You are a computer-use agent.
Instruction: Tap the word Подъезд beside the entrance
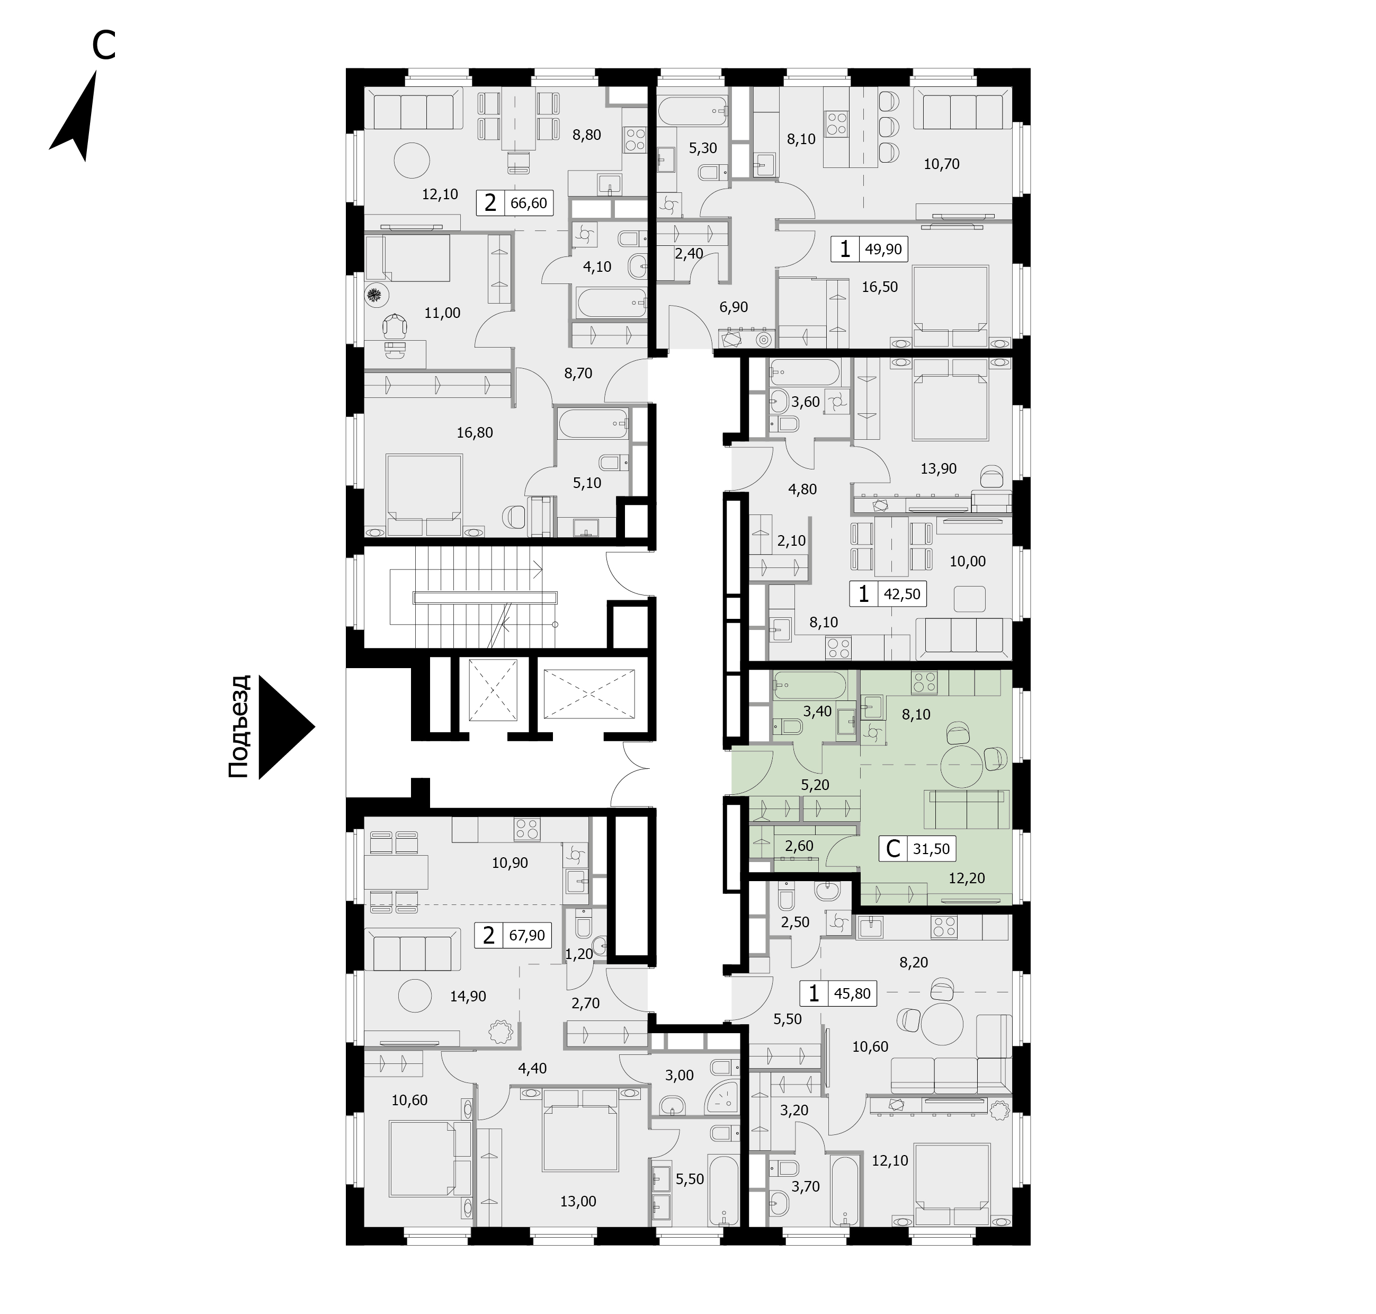[239, 726]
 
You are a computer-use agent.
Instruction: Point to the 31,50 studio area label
[931, 849]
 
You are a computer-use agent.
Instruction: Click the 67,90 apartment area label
[526, 935]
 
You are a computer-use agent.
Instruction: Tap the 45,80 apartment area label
[852, 993]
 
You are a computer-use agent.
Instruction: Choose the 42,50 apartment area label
[902, 594]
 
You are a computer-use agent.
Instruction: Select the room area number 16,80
[475, 433]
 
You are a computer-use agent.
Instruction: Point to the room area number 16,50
[880, 287]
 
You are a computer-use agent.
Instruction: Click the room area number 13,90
[939, 468]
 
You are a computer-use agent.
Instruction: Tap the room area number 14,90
[468, 996]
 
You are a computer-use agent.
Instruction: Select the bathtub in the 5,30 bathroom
[693, 110]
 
